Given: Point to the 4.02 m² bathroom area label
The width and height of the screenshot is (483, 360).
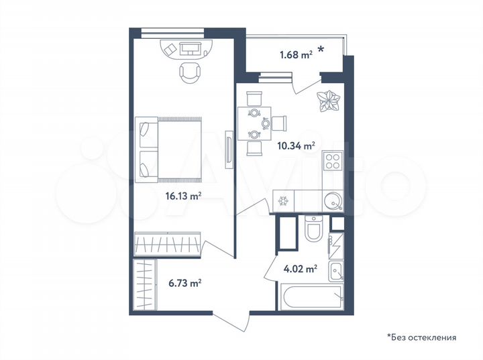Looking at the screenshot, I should (301, 269).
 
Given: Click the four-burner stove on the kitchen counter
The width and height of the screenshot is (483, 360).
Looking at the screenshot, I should (332, 162).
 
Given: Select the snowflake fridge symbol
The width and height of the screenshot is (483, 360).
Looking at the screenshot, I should (283, 200).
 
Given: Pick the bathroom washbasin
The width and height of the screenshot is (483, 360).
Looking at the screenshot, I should (337, 271).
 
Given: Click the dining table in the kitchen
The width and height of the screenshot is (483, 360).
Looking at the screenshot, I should (253, 123).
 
